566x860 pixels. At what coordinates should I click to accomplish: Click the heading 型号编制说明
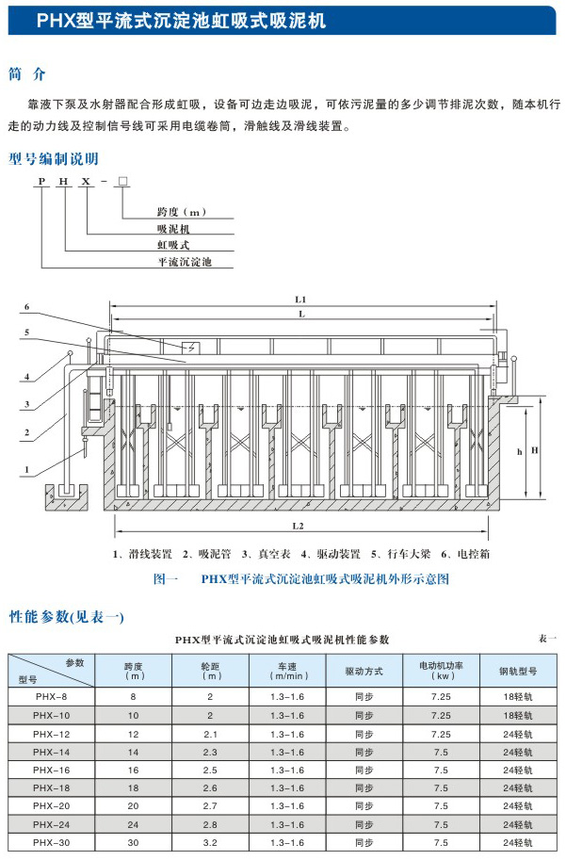(x=54, y=158)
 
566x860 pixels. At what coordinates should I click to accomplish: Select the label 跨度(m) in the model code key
(x=179, y=213)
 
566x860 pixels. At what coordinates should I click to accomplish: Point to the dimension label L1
(x=299, y=299)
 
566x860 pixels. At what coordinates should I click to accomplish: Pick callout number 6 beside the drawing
(x=28, y=307)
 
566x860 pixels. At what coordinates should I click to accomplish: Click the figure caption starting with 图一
(x=300, y=578)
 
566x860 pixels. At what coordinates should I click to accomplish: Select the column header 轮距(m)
(x=212, y=671)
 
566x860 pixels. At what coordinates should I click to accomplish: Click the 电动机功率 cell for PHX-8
(x=440, y=697)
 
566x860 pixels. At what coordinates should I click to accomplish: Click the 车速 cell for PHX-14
(x=288, y=752)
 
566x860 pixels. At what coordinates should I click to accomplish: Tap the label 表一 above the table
(x=547, y=639)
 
